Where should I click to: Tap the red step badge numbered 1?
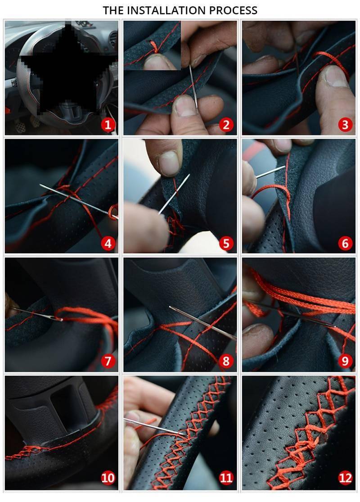pyautogui.click(x=108, y=125)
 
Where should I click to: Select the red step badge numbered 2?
pyautogui.click(x=226, y=125)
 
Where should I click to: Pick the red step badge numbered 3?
pyautogui.click(x=345, y=125)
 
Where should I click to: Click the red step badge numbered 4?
pyautogui.click(x=108, y=243)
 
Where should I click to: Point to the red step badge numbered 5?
pyautogui.click(x=226, y=243)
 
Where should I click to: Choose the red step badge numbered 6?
pyautogui.click(x=345, y=243)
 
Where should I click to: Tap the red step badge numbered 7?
pyautogui.click(x=108, y=361)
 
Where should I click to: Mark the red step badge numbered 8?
pyautogui.click(x=226, y=361)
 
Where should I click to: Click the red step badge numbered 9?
pyautogui.click(x=345, y=361)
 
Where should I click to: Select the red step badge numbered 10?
pyautogui.click(x=108, y=478)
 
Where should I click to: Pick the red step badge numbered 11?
pyautogui.click(x=226, y=478)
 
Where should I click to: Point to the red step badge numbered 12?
pyautogui.click(x=345, y=478)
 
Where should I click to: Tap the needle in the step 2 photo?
pyautogui.click(x=193, y=87)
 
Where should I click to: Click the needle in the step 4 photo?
pyautogui.click(x=78, y=201)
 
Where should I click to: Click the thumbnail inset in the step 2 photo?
pyautogui.click(x=152, y=45)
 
